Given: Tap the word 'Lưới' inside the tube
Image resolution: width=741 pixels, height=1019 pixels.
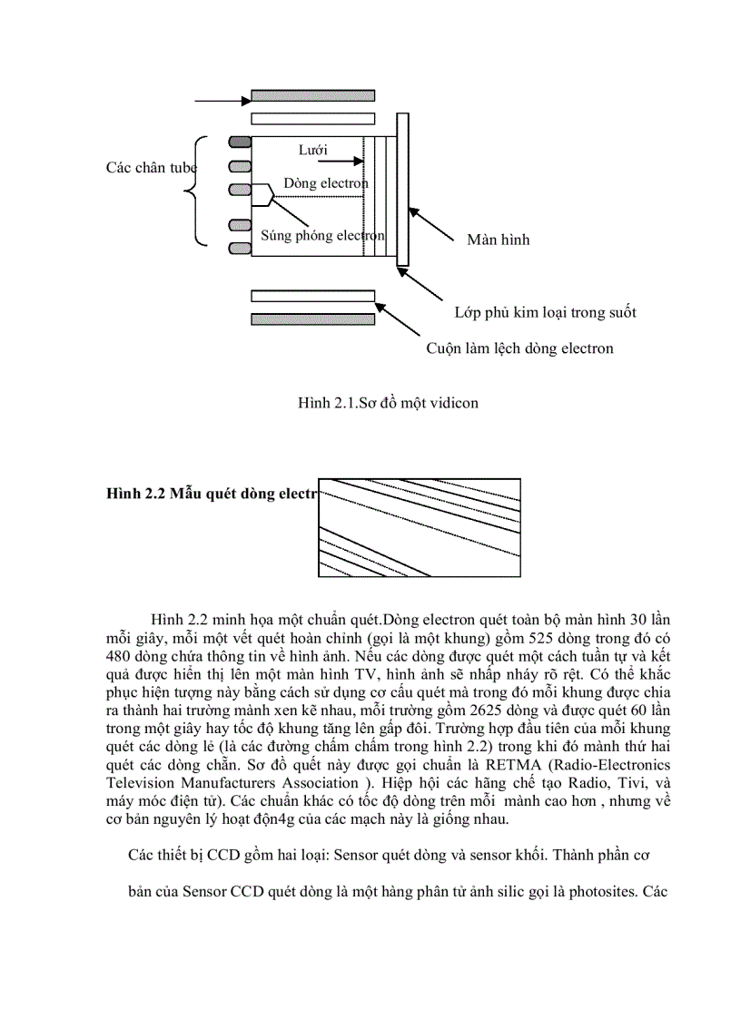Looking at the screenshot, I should [x=312, y=149].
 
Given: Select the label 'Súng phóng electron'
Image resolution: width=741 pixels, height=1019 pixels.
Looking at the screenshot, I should [x=322, y=235].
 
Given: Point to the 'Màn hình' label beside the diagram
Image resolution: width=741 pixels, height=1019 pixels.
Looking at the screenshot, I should [x=498, y=240].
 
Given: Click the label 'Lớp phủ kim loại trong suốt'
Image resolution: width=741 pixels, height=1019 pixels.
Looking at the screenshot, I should [x=545, y=313].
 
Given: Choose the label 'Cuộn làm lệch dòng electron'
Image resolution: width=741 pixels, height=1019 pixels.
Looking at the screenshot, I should [x=519, y=348].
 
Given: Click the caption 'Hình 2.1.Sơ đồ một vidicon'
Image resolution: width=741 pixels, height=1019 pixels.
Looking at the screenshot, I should [x=388, y=403].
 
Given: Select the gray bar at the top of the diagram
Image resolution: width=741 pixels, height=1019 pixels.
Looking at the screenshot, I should [x=312, y=95].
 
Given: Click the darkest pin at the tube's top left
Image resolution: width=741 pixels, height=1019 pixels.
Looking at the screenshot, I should [x=239, y=142].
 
